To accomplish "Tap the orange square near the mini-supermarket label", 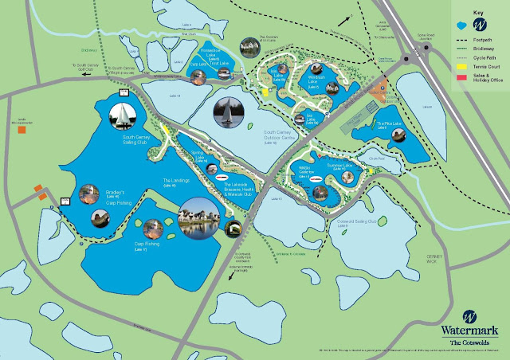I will click(x=23, y=128).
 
